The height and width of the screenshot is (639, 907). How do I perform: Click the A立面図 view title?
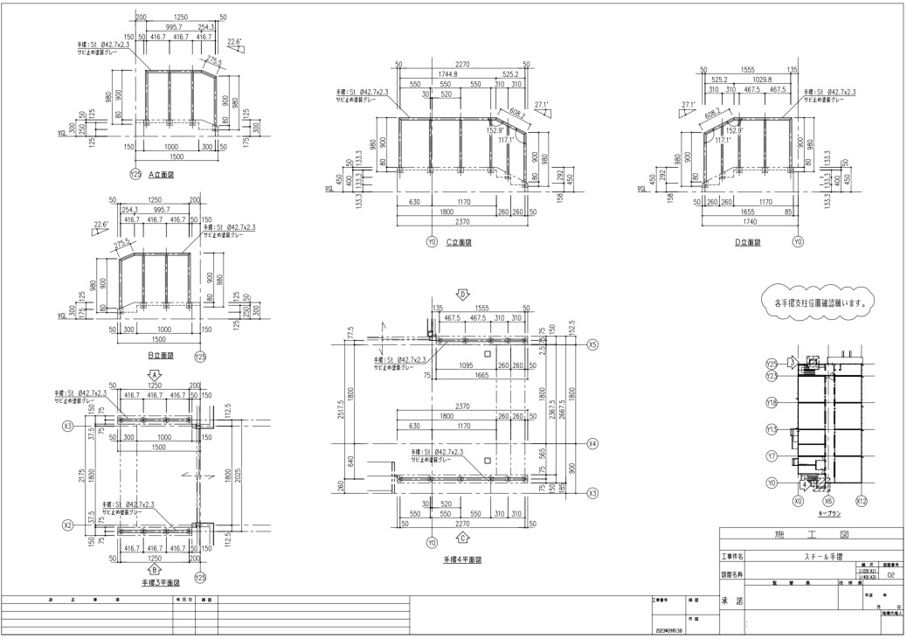pyautogui.click(x=163, y=174)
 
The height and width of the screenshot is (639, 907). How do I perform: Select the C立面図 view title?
pyautogui.click(x=459, y=243)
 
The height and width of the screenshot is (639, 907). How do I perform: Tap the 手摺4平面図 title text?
pyautogui.click(x=462, y=559)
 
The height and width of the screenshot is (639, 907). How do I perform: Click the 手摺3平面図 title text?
pyautogui.click(x=161, y=581)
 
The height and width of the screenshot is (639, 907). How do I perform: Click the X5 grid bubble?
pyautogui.click(x=592, y=344)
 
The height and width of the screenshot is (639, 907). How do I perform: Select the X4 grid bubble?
pyautogui.click(x=592, y=443)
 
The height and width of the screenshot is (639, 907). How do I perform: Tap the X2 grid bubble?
pyautogui.click(x=67, y=525)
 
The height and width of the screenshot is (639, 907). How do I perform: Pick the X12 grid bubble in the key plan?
pyautogui.click(x=861, y=503)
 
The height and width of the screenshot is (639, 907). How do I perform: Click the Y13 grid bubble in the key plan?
pyautogui.click(x=772, y=429)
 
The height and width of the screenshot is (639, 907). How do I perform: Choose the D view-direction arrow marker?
pyautogui.click(x=464, y=295)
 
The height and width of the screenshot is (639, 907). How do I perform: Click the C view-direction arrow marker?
pyautogui.click(x=463, y=537)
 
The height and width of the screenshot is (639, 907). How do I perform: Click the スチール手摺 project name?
pyautogui.click(x=810, y=555)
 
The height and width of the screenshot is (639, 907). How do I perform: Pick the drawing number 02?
pyautogui.click(x=890, y=577)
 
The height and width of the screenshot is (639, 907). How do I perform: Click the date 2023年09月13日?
pyautogui.click(x=669, y=630)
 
